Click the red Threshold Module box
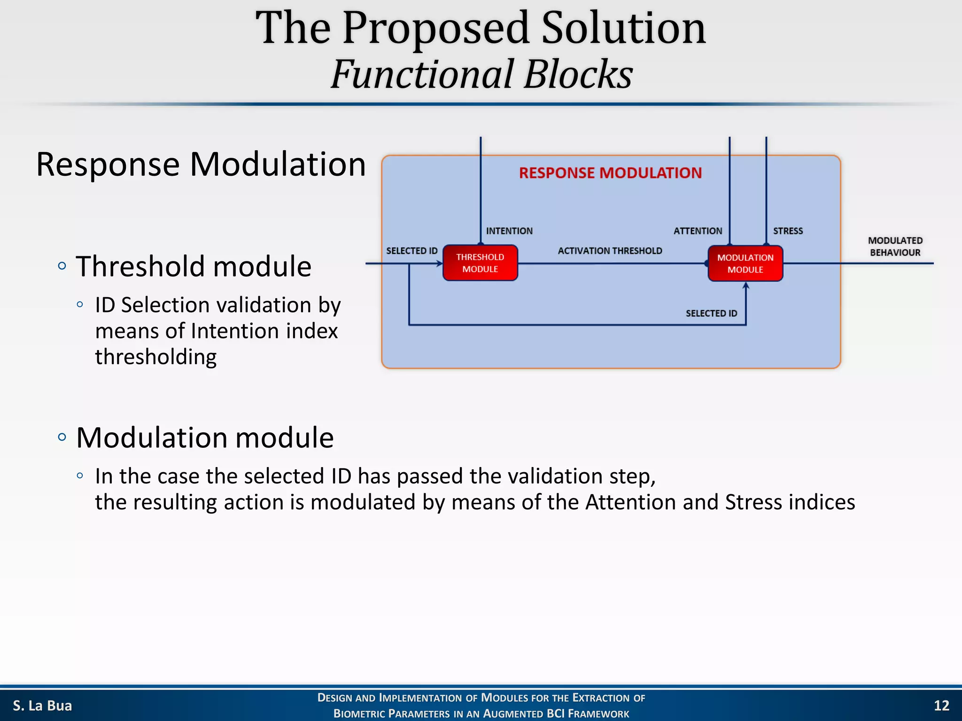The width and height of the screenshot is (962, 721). (x=480, y=263)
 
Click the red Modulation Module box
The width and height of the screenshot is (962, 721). (x=745, y=263)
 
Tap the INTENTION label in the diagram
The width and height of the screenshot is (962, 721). (x=509, y=231)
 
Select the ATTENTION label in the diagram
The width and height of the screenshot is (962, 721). (x=698, y=231)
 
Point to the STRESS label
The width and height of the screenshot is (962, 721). (x=788, y=231)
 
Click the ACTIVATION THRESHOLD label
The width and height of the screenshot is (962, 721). (x=610, y=251)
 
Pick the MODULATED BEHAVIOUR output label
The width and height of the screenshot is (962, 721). (x=895, y=246)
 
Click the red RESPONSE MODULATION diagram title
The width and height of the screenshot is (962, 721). (x=610, y=173)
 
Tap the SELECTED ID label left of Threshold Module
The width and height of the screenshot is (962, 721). (x=411, y=251)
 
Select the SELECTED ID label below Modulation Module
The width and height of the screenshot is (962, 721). (x=711, y=313)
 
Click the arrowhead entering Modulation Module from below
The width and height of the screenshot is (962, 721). (x=746, y=285)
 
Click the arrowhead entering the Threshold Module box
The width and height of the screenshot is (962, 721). (x=440, y=263)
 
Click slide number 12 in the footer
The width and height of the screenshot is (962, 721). (x=941, y=706)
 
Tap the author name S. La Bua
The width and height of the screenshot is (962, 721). (x=42, y=706)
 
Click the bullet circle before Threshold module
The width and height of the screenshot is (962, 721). (x=62, y=266)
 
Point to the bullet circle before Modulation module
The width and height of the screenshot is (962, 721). (x=62, y=437)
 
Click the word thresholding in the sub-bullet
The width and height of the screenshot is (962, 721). (x=155, y=357)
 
